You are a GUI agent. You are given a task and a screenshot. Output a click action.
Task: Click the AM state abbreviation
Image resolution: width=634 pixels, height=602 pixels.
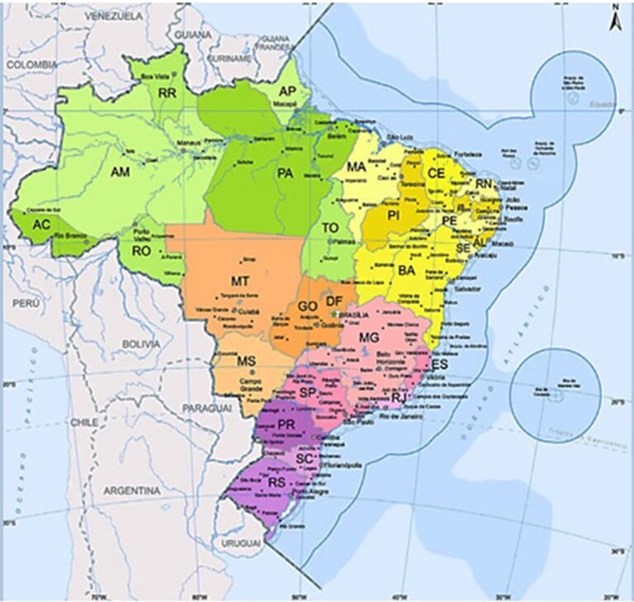121,171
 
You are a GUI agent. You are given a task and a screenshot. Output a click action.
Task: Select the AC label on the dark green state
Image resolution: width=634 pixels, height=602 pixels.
41,225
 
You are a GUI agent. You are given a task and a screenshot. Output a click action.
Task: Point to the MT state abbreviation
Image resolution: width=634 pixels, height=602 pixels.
240,282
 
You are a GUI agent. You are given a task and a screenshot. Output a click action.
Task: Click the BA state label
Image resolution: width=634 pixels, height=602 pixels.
406,270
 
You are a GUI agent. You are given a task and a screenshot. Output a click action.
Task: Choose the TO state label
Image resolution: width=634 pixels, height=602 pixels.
330,227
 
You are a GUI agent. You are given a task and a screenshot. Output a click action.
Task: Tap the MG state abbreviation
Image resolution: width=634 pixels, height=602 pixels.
369,337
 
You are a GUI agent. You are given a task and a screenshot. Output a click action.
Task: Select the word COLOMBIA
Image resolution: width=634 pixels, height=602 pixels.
33,64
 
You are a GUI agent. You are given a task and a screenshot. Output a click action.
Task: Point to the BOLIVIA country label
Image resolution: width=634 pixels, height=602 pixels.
140,343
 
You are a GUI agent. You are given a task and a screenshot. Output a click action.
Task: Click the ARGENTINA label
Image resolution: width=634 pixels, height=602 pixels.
132,491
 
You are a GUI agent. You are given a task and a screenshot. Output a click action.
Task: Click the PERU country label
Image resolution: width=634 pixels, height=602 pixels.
26,303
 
